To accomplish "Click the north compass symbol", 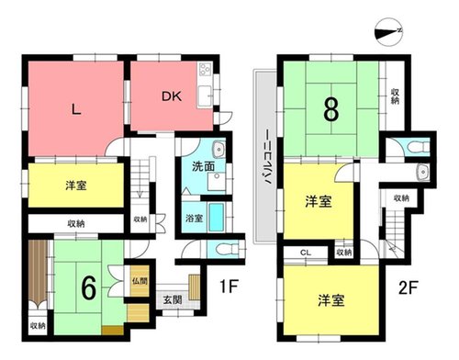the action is click(388, 31).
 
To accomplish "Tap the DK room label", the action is click(172, 96).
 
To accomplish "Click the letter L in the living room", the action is click(76, 109).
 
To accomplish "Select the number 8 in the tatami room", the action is click(331, 109).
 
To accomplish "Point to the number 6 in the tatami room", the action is click(89, 287).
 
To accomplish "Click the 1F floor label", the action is click(229, 287).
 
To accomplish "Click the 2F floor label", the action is click(409, 287).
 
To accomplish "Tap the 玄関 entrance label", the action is click(173, 299).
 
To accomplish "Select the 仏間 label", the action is click(140, 281).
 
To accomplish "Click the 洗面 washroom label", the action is click(203, 166).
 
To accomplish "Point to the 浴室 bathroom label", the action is click(194, 219).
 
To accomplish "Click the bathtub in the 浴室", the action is click(217, 217).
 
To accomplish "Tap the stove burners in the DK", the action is click(205, 70).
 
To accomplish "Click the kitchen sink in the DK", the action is click(205, 96).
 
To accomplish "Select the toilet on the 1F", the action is click(227, 249).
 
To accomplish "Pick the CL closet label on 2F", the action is click(306, 253).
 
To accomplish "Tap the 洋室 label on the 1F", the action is click(76, 186).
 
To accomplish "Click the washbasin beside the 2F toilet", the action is click(422, 171).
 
